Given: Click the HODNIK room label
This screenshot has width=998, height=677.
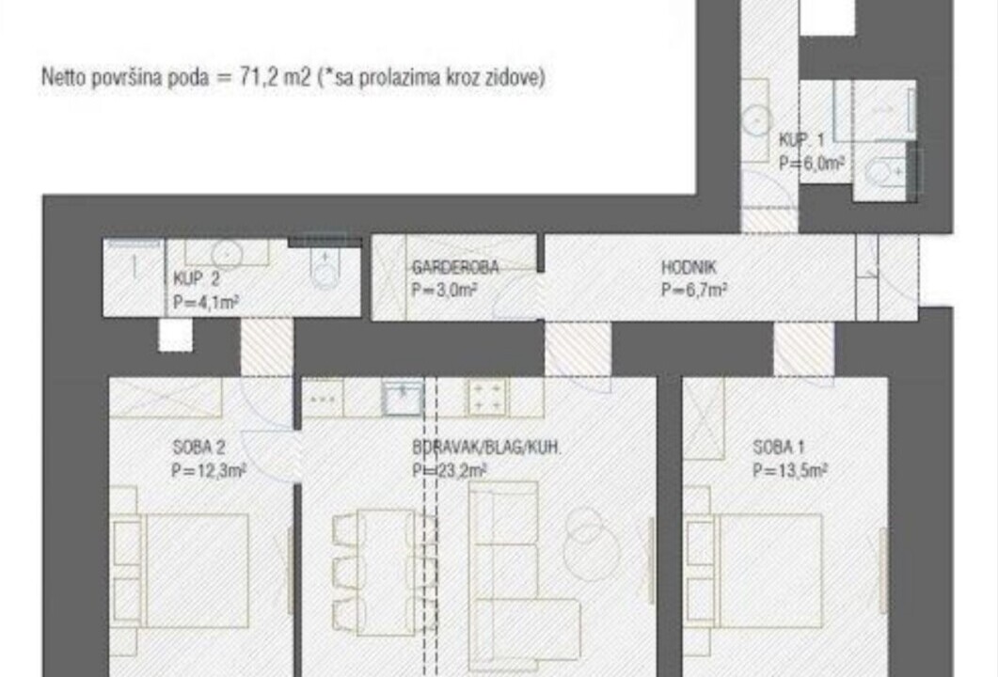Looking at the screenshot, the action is tap(689, 267).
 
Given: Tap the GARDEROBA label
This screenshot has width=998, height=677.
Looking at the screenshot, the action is tap(455, 267).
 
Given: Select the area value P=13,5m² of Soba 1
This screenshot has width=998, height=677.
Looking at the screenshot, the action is tap(790, 471).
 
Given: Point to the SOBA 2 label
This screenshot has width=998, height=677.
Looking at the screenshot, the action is tap(198, 448).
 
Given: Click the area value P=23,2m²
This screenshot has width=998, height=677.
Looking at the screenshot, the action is tap(450, 471).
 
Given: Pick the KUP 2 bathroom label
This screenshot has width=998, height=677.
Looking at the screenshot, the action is tap(197, 278).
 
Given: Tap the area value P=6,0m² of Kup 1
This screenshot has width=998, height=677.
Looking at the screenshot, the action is tap(812, 164).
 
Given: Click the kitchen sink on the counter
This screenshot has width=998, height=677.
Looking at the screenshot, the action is tap(403, 398).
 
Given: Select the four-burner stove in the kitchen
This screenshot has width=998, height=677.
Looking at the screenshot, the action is tap(487, 397).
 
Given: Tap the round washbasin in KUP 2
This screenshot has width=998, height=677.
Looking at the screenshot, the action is tap(228, 253).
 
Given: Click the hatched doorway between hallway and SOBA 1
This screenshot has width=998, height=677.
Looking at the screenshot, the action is tap(804, 349).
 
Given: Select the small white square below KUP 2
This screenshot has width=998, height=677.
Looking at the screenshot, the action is tap(175, 335).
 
